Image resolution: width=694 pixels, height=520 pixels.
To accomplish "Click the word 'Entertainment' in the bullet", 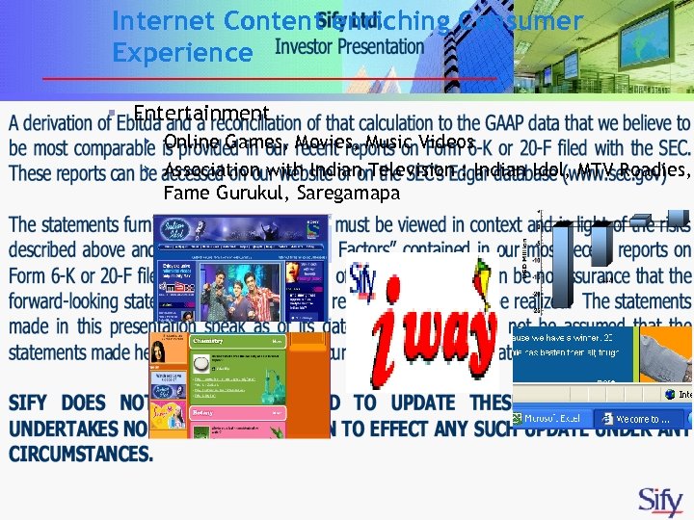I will tap(200, 115).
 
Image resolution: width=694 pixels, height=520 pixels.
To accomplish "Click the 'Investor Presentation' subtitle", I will tap(349, 46).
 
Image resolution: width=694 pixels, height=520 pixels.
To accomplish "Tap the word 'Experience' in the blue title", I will tap(182, 52).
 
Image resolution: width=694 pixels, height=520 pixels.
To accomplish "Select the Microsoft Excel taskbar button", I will tap(548, 419).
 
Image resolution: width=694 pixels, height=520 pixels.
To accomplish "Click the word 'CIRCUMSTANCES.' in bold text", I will tap(81, 454).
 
